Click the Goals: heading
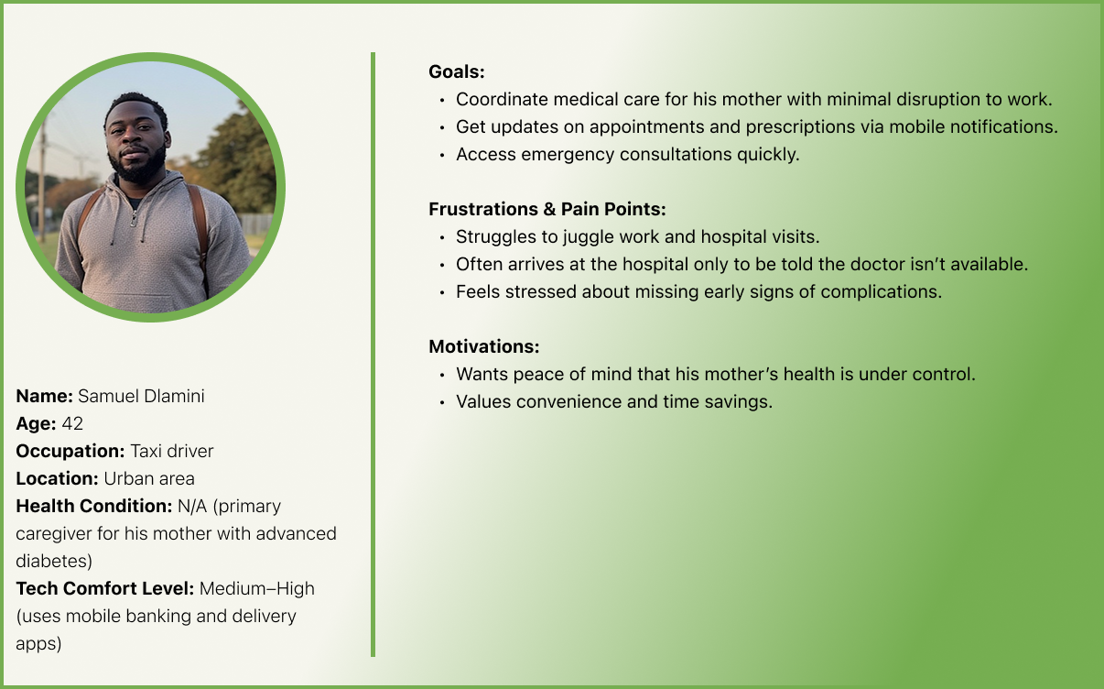click(x=457, y=72)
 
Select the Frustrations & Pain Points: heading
click(x=547, y=209)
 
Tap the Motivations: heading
click(x=484, y=346)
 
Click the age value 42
click(x=72, y=423)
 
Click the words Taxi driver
click(x=171, y=452)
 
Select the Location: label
click(x=57, y=478)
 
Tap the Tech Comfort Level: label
click(x=105, y=588)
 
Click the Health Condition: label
click(x=94, y=506)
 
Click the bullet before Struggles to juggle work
click(x=442, y=237)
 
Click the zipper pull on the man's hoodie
click(x=133, y=220)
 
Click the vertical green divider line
click(x=373, y=355)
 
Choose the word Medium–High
click(x=257, y=588)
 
